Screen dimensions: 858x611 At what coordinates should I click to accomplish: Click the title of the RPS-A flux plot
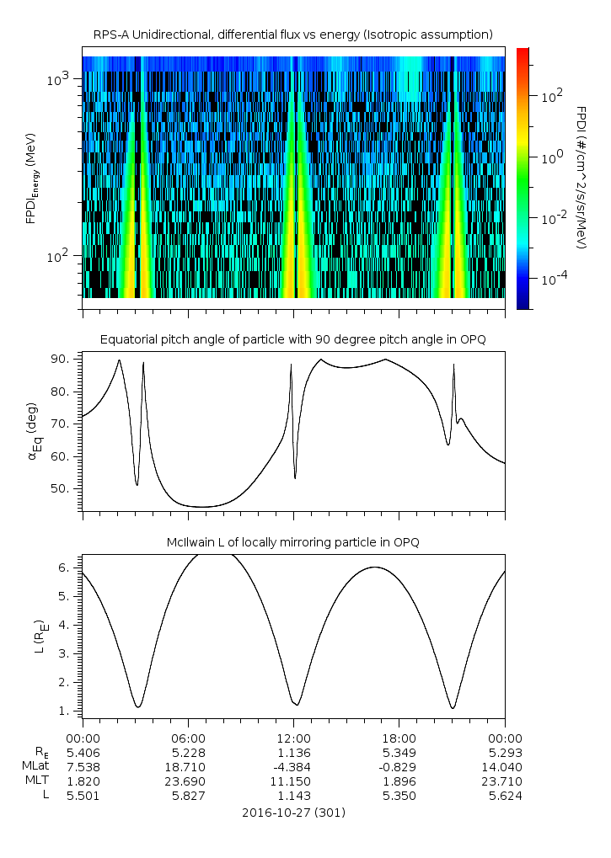(292, 34)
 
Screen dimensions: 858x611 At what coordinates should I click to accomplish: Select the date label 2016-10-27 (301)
(292, 813)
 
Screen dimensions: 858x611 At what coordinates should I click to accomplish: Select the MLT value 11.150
(293, 781)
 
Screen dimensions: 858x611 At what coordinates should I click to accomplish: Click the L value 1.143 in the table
(293, 795)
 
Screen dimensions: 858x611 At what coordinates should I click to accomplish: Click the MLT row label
(35, 781)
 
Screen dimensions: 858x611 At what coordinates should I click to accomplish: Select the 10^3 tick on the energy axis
(59, 78)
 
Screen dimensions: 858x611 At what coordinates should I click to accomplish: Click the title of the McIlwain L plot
(292, 541)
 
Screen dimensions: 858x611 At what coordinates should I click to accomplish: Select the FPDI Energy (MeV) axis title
(31, 177)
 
